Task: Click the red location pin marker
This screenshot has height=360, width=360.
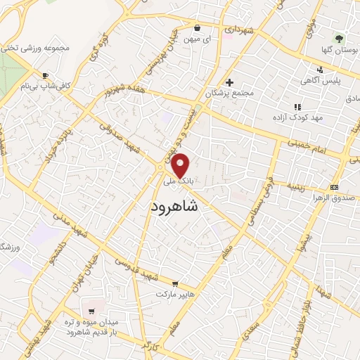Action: pyautogui.click(x=181, y=166)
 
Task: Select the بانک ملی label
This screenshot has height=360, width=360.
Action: pyautogui.click(x=178, y=181)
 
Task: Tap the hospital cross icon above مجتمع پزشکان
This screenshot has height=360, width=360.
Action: pyautogui.click(x=230, y=82)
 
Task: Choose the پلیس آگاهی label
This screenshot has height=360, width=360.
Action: pyautogui.click(x=320, y=82)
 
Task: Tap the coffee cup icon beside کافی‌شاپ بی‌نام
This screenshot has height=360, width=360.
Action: pyautogui.click(x=46, y=75)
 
